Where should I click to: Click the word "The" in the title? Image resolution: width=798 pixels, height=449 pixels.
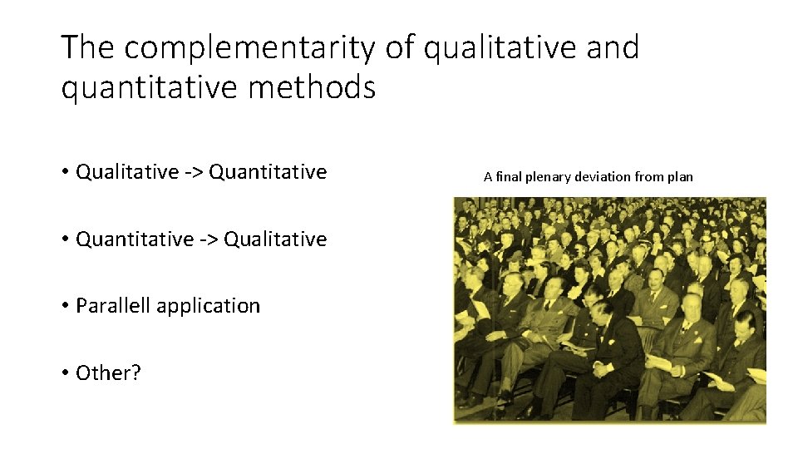click(x=88, y=48)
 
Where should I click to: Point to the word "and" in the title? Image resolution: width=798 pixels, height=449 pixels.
click(x=608, y=48)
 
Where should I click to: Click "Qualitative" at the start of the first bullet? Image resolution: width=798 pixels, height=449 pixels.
click(x=127, y=172)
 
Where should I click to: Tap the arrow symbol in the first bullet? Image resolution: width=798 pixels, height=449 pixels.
click(x=194, y=173)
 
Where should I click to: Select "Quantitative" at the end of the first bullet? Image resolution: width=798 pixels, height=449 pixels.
click(x=268, y=172)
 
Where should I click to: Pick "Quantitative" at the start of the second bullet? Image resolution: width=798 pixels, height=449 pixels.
click(x=135, y=239)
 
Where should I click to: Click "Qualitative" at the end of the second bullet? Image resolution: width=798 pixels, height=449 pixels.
click(x=275, y=239)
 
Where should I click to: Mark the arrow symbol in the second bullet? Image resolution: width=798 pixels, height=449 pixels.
click(x=209, y=240)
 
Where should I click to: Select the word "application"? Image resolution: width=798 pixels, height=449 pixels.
click(x=208, y=307)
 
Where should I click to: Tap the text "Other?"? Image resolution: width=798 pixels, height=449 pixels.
click(x=108, y=373)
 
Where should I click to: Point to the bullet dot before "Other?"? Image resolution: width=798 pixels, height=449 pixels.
click(x=64, y=373)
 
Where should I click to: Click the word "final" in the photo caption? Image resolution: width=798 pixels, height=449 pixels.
click(x=508, y=176)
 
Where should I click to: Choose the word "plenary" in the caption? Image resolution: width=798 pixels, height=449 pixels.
click(x=549, y=177)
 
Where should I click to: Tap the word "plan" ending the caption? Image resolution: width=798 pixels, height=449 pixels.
click(x=680, y=177)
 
